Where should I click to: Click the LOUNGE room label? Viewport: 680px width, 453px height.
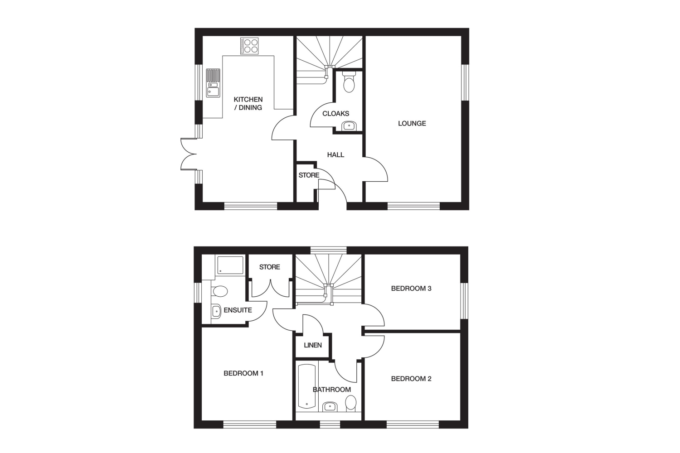[x=412, y=124]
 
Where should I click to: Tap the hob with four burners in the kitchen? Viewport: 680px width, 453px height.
[x=249, y=46]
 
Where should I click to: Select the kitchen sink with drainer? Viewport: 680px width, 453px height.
[x=213, y=83]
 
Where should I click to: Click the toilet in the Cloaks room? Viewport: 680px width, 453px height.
[x=349, y=82]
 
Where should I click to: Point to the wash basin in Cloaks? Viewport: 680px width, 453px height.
[x=349, y=125]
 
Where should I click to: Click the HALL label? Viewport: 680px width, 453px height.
[x=335, y=155]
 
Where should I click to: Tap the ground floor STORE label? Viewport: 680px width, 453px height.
[x=309, y=175]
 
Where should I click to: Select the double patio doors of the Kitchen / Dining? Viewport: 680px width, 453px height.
[x=188, y=154]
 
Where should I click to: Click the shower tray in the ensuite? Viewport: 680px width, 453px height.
[x=229, y=265]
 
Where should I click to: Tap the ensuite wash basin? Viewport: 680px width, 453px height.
[x=216, y=311]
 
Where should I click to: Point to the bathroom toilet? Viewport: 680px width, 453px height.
[x=351, y=403]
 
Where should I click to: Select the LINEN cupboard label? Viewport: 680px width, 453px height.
[x=313, y=345]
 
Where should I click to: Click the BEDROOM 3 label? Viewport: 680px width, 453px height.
[x=411, y=289]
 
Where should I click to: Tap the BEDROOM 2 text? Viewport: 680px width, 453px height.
[x=411, y=379]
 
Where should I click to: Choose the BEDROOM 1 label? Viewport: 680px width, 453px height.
[x=243, y=373]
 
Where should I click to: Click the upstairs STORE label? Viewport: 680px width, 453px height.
[x=270, y=267]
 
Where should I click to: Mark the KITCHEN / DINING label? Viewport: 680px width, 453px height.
[x=248, y=103]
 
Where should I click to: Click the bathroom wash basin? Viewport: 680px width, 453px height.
[x=330, y=407]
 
